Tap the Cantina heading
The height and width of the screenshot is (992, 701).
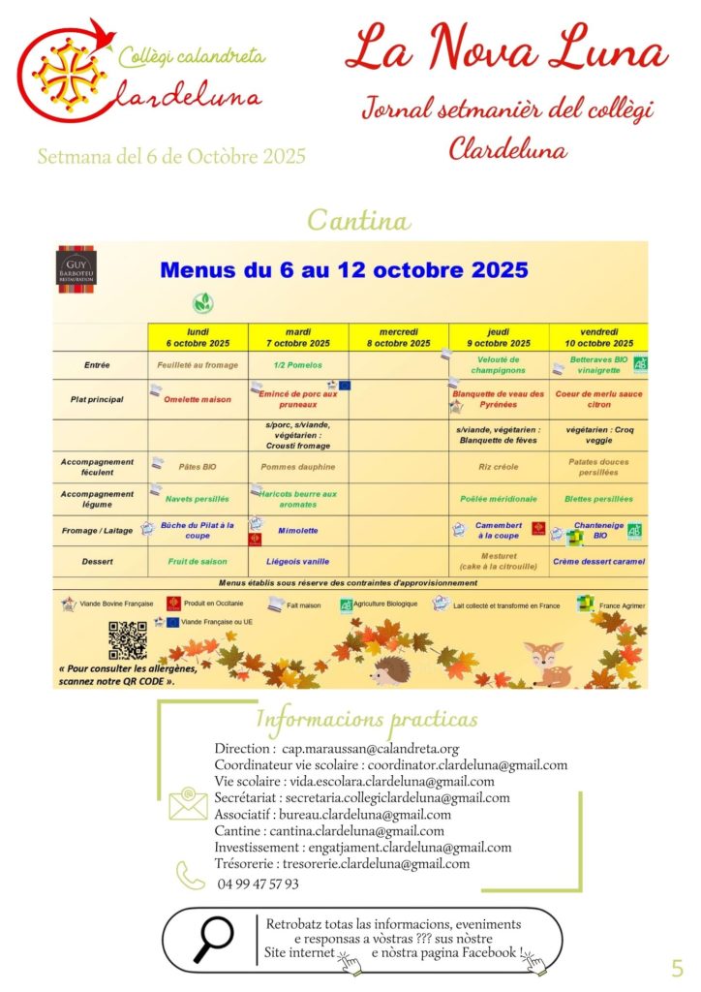[x=358, y=220]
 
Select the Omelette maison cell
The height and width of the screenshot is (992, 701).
[x=198, y=399]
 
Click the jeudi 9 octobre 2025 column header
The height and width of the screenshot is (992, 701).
[x=499, y=337]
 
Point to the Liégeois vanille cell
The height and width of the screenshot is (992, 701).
[x=298, y=561]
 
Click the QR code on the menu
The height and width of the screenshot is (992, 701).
[x=128, y=640]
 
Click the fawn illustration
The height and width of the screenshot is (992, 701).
[x=548, y=662]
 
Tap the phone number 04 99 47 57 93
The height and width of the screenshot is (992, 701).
[x=259, y=883]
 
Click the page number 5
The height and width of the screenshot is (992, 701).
[x=677, y=967]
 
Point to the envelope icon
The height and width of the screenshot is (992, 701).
[x=188, y=805]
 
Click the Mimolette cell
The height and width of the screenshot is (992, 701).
[x=298, y=531]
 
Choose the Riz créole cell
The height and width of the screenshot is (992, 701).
[x=499, y=466]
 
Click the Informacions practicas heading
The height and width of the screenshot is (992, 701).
[x=366, y=719]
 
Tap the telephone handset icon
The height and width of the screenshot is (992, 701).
[x=190, y=876]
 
